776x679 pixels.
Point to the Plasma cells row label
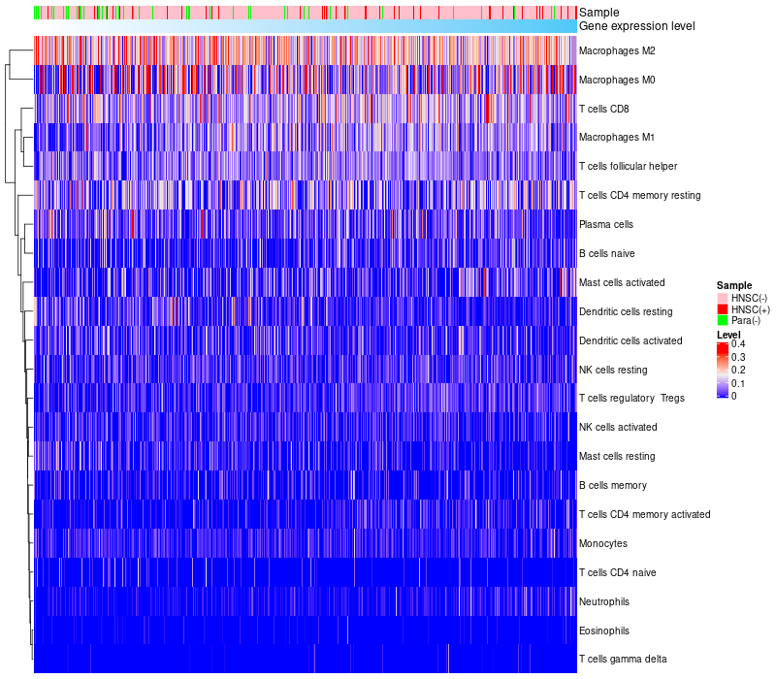[606, 224]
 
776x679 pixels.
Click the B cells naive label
[606, 253]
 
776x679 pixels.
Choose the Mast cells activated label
[622, 282]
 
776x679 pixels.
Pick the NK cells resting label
[613, 370]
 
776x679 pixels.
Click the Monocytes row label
[603, 543]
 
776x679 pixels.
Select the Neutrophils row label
[604, 601]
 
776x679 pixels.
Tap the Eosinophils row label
[604, 630]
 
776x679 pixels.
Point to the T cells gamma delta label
[623, 660]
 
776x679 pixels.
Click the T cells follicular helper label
[628, 167]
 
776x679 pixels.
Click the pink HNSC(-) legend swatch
[723, 297]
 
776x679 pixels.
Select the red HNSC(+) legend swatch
[723, 308]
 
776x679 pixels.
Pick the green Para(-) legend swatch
[723, 320]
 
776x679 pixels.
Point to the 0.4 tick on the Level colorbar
[738, 344]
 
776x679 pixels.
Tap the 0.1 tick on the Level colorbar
[738, 383]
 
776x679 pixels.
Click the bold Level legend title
[728, 334]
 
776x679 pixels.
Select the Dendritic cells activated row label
[630, 340]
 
